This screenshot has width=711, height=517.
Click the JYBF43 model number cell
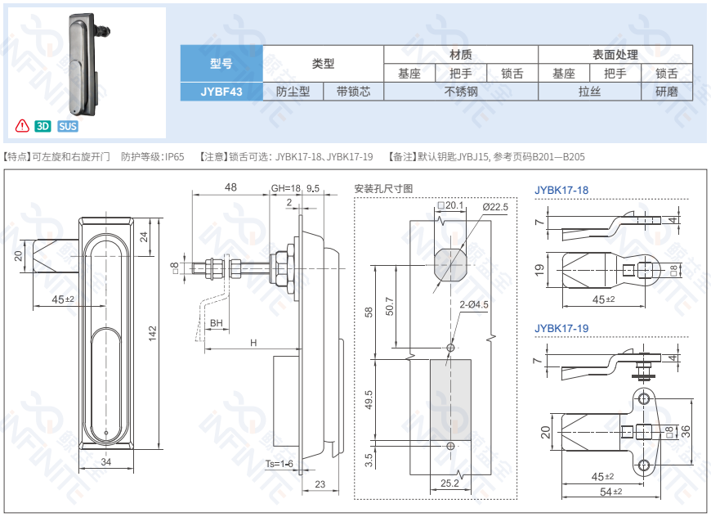point(221,92)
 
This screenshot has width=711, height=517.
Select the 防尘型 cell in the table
point(293,92)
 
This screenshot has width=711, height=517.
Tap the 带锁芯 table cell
point(353,92)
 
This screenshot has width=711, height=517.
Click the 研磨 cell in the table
point(666,92)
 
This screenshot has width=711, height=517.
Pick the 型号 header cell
point(221,63)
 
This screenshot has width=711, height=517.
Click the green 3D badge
point(43,126)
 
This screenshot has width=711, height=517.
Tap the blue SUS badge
point(68,126)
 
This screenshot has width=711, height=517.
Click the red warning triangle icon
point(22,126)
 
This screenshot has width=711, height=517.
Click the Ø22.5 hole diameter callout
point(495,207)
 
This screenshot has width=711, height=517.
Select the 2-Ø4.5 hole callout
point(474,304)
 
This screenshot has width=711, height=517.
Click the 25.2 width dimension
point(449,483)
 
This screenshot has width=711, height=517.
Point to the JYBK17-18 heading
point(561,191)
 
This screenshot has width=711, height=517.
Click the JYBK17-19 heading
point(561,328)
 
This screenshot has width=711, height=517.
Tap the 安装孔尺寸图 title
point(383,188)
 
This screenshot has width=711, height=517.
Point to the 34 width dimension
point(106,463)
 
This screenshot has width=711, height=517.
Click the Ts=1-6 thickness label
point(279,464)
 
